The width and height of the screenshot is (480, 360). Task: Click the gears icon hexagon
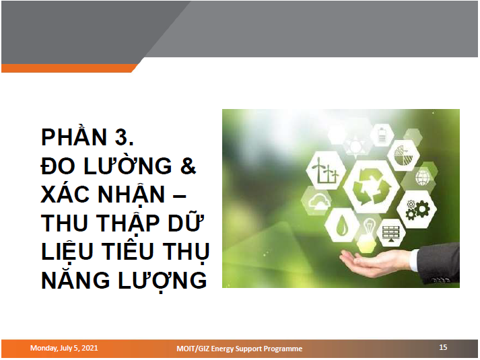[x=417, y=208]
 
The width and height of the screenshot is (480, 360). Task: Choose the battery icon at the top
[x=382, y=135]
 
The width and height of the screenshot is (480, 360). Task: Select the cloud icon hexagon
[x=316, y=200]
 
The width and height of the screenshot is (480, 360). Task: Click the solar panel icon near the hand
[x=390, y=233]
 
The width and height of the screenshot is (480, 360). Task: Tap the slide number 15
[x=443, y=348]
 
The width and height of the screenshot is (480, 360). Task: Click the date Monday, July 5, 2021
[x=64, y=348]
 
